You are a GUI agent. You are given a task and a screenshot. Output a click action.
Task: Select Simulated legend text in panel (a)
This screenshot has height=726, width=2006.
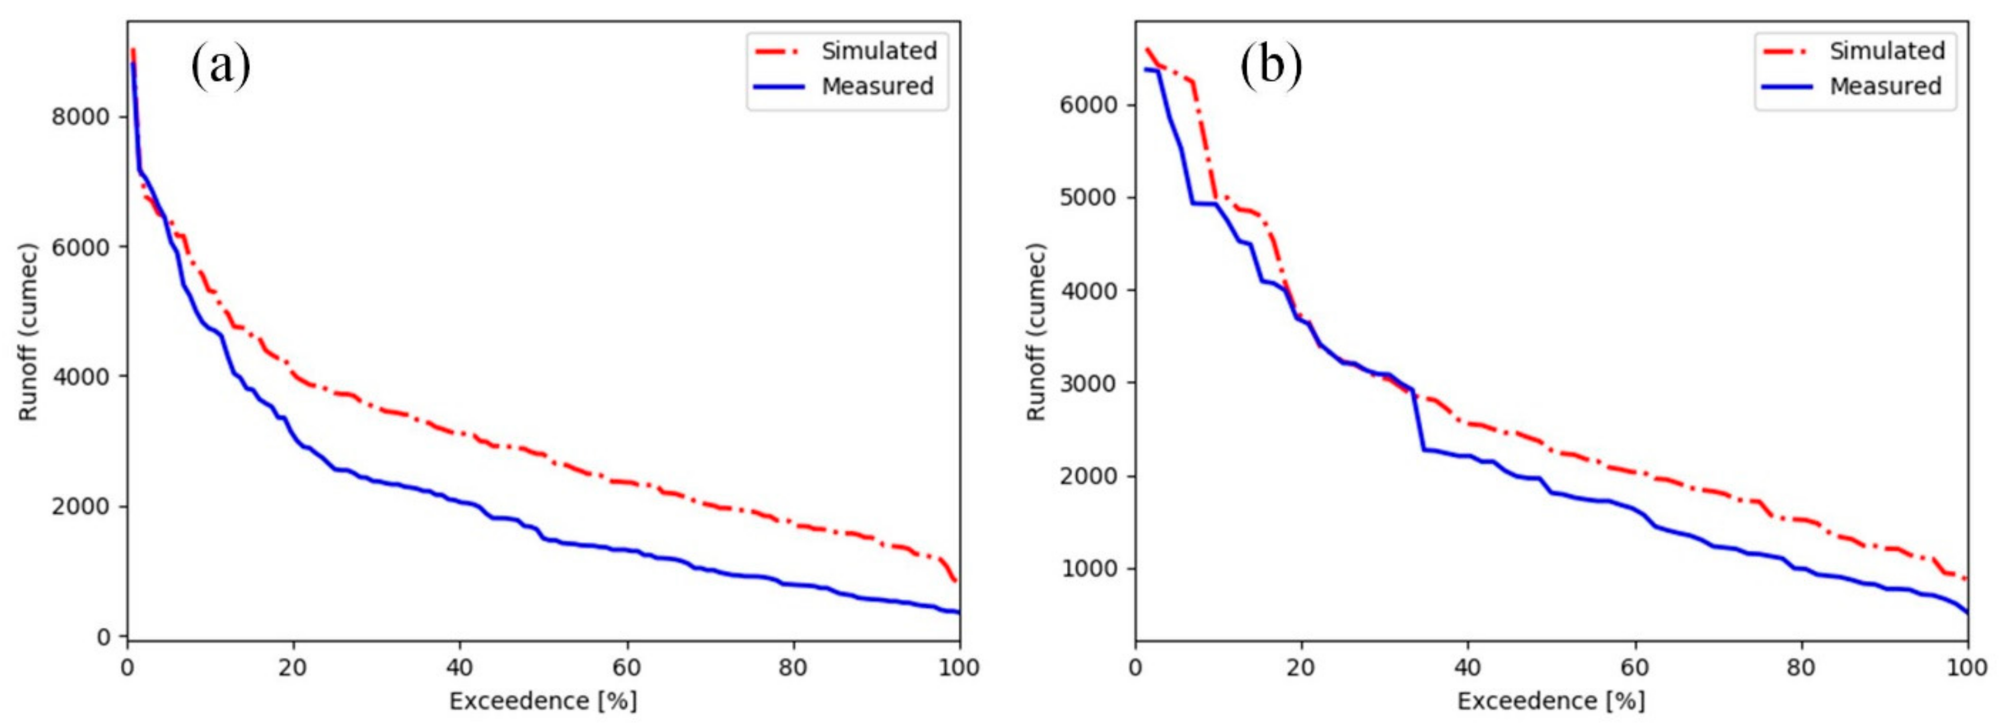[879, 51]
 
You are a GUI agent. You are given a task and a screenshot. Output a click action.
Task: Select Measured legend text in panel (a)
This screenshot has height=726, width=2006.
[877, 86]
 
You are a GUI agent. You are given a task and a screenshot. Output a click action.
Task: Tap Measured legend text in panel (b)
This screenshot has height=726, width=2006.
[1885, 86]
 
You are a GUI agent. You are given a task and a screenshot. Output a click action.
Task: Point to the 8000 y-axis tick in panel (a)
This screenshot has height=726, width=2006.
[80, 117]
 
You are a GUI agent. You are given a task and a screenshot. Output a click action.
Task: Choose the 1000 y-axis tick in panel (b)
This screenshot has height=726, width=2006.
[1089, 569]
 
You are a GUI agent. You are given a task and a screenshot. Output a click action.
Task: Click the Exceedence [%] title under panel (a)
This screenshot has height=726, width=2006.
[543, 701]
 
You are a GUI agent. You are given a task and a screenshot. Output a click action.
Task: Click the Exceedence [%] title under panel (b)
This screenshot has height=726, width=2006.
[1551, 701]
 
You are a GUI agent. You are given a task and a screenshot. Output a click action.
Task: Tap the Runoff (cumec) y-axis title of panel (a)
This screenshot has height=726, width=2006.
[29, 333]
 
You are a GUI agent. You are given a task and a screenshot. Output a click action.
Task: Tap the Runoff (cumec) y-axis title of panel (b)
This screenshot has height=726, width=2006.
[1037, 333]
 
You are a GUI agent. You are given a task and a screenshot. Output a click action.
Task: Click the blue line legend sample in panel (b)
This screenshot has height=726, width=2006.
[1788, 86]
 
